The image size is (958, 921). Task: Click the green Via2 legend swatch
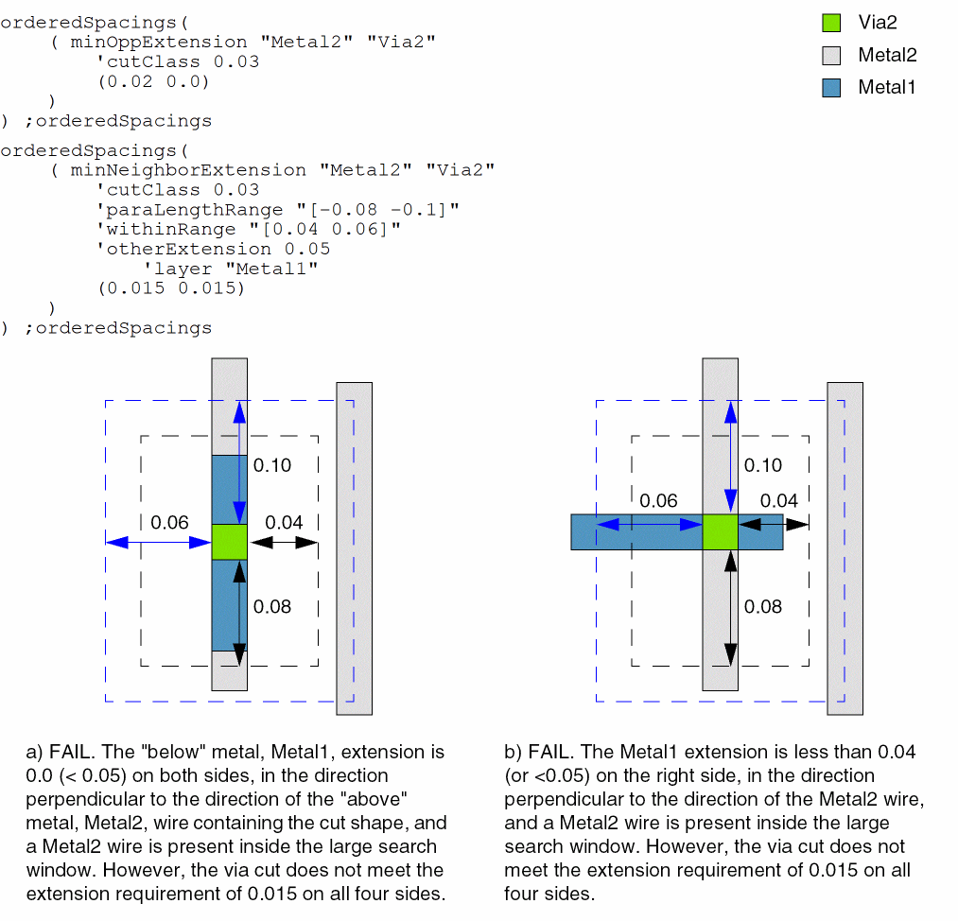coord(831,23)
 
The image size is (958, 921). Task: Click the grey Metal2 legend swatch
coord(831,55)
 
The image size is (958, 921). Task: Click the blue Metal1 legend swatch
coord(831,87)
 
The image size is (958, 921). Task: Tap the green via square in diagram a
coord(229,542)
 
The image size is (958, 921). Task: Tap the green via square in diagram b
coord(720,531)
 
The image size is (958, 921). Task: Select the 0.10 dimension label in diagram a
coord(272,465)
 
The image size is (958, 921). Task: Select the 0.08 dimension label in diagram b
coord(763,606)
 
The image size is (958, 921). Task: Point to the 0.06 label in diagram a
coord(169,522)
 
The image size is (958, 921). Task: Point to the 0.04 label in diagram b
coord(779,501)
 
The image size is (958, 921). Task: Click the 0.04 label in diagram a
coord(284,522)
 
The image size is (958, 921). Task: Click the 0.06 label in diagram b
coord(658,501)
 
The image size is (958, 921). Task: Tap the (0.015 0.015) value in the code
coord(171,288)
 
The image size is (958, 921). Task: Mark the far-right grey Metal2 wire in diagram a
coord(355,548)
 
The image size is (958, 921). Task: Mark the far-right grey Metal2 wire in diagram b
coord(845,548)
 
